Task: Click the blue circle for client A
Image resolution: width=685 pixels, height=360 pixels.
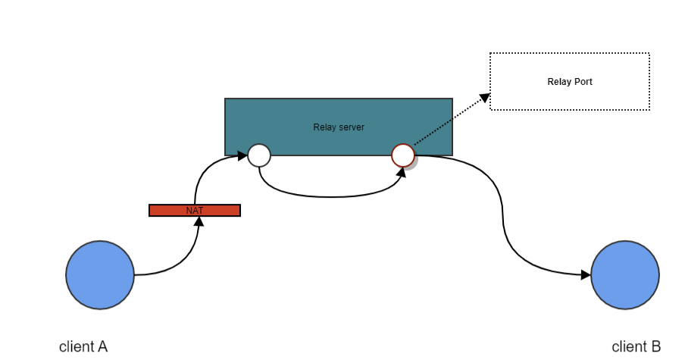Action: [100, 275]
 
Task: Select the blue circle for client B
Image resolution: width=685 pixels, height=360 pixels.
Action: [625, 275]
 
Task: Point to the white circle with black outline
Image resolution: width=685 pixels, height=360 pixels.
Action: [259, 155]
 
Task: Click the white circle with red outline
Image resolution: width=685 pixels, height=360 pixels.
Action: [403, 155]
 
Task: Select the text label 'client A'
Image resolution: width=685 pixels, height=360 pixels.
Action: [83, 347]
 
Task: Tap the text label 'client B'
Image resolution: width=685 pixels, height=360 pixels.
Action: [637, 347]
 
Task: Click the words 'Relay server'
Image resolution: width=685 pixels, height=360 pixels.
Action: [339, 127]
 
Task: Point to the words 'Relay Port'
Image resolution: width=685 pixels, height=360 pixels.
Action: [570, 82]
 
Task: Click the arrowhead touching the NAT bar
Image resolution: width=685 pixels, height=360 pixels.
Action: [199, 221]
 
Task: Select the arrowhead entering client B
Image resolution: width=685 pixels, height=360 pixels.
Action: [586, 275]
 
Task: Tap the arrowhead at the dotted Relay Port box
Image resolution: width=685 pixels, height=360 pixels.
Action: [485, 96]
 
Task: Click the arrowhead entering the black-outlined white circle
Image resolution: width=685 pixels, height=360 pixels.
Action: [242, 156]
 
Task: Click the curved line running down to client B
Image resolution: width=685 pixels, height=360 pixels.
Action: [501, 212]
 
